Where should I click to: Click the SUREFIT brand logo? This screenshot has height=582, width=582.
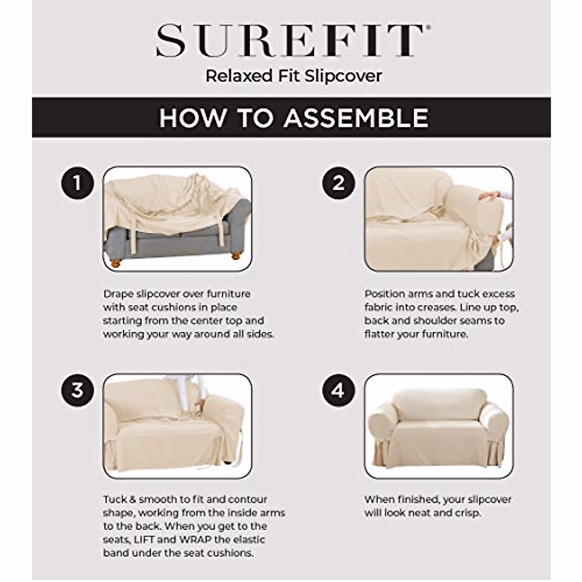(x=290, y=41)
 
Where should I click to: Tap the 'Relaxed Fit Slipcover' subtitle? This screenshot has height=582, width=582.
(x=293, y=76)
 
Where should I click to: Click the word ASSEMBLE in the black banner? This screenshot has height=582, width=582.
(x=356, y=118)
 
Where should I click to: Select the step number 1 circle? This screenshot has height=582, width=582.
(x=77, y=183)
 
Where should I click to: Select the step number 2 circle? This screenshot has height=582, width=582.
(x=338, y=183)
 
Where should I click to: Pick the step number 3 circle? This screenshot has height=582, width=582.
(x=77, y=390)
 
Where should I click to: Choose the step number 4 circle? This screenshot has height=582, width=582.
(x=338, y=390)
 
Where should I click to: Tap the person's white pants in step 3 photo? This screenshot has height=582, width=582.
(x=180, y=388)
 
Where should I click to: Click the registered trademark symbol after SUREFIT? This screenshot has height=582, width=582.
(x=426, y=29)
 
